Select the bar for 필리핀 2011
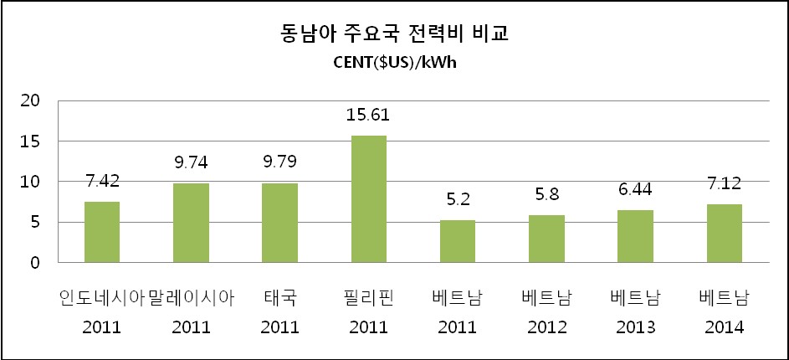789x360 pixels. [368, 199]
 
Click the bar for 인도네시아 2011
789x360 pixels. [101, 232]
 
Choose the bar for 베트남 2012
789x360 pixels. [546, 239]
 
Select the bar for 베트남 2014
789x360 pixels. [724, 234]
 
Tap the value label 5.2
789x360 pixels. [458, 201]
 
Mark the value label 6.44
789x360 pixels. [635, 191]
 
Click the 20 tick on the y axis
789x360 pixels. [30, 100]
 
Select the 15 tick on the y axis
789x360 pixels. [30, 141]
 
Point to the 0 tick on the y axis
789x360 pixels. [35, 263]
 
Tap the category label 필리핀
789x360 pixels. [368, 298]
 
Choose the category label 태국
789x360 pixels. [279, 298]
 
